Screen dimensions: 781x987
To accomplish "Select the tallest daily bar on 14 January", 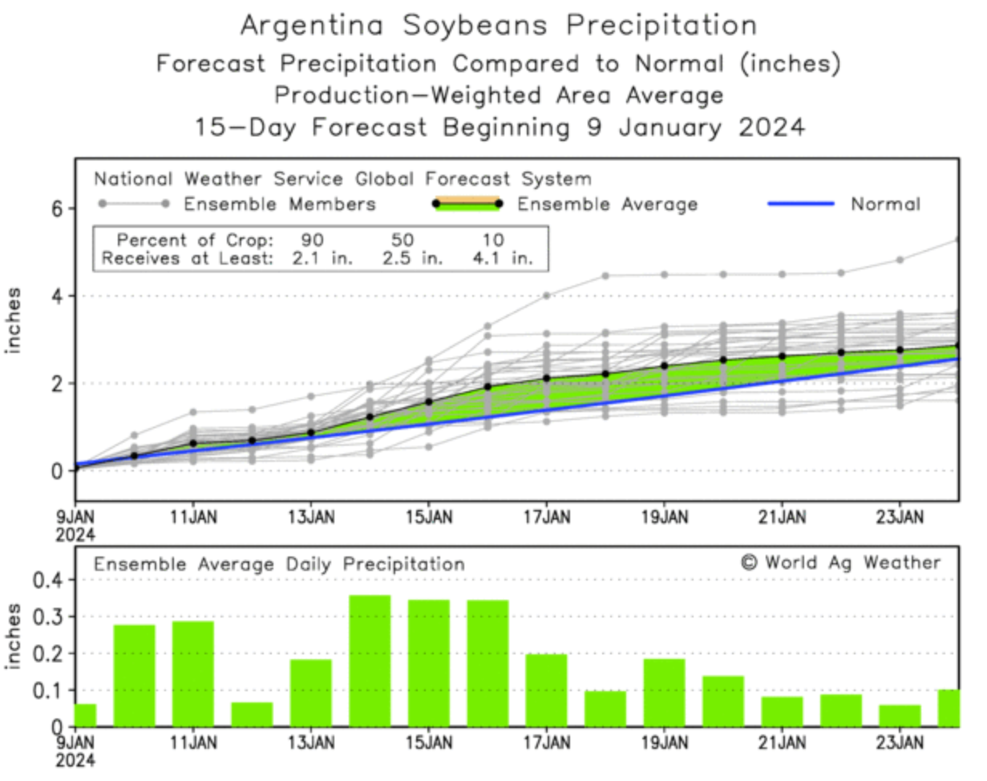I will [370, 661].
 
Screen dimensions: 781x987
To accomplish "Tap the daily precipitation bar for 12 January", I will [252, 714].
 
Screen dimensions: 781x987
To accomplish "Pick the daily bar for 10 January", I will [134, 675].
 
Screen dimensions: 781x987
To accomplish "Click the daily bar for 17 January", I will [546, 690].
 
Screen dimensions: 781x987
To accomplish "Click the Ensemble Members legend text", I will [280, 204].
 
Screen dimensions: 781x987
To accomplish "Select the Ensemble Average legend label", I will [607, 204].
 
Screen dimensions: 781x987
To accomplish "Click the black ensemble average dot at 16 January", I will [487, 387].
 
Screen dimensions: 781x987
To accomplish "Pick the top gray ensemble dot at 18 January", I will [605, 276].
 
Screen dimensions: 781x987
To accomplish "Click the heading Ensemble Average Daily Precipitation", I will [279, 565].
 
